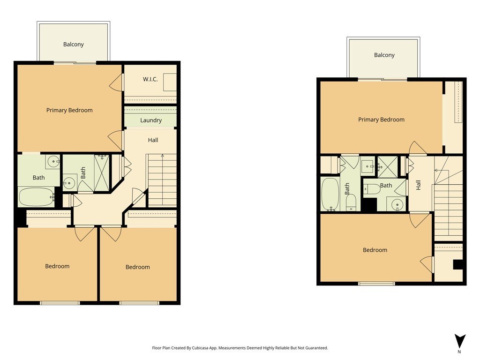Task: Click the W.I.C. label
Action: [x=150, y=79]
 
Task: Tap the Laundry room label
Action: [x=151, y=120]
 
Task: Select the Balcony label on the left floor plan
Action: [x=74, y=45]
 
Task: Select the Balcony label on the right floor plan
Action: [x=384, y=55]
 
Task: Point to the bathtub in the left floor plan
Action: [x=37, y=197]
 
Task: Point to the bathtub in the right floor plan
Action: [x=330, y=195]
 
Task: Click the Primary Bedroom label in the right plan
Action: [x=381, y=120]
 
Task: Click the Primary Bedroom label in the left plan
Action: [x=69, y=110]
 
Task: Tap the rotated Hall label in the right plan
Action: [x=418, y=185]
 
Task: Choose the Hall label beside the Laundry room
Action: [x=153, y=140]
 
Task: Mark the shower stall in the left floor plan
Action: [x=101, y=173]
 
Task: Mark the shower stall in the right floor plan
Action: [x=388, y=167]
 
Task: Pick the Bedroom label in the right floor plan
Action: [x=375, y=250]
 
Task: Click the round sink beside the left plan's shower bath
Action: [x=69, y=184]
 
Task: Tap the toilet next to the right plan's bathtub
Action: [x=351, y=202]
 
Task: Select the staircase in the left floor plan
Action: [x=162, y=180]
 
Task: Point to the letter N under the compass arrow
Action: [x=459, y=352]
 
